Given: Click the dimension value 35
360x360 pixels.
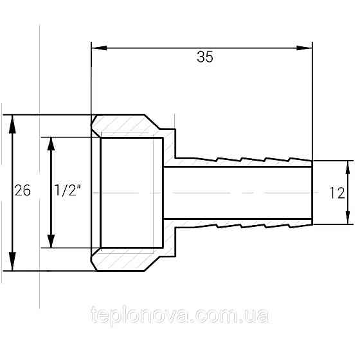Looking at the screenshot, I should (x=204, y=57).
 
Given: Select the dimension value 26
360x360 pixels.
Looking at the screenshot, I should (x=23, y=191).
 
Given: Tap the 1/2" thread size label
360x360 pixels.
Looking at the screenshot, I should (x=67, y=191).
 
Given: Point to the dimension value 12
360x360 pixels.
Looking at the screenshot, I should (x=336, y=192).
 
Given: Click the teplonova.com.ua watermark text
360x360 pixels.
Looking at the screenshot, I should (x=180, y=316).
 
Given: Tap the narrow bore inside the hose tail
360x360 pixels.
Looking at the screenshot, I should (x=238, y=192).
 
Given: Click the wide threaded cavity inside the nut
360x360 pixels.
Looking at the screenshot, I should (x=132, y=192).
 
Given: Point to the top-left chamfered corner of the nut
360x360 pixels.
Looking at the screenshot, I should (x=95, y=120).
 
